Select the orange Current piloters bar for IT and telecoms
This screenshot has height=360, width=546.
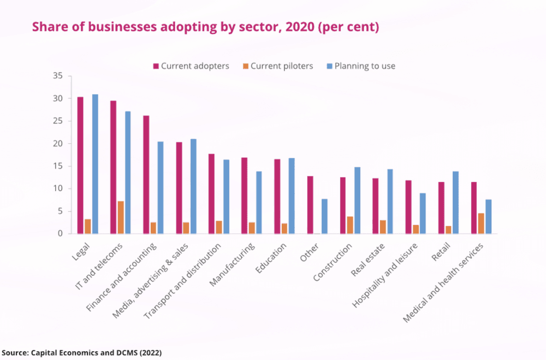tap(121, 217)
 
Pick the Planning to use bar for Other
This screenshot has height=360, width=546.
tap(324, 216)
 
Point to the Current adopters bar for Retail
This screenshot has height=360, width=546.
tap(441, 208)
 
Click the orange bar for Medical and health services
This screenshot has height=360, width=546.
tap(481, 223)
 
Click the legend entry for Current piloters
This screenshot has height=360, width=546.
tap(278, 66)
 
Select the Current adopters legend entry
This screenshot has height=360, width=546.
tap(191, 66)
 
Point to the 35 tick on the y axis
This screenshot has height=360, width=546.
tap(58, 76)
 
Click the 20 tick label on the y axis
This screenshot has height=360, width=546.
tap(58, 144)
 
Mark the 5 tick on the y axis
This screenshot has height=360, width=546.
tap(60, 211)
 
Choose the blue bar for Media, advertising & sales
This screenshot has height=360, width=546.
tap(193, 186)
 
